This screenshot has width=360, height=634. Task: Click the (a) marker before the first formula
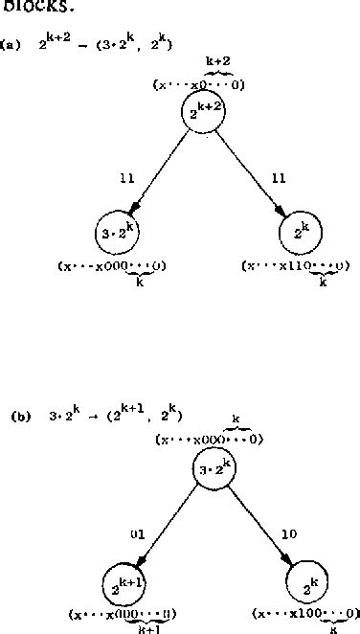coord(9,44)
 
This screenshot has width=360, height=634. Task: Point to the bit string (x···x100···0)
coord(305,613)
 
